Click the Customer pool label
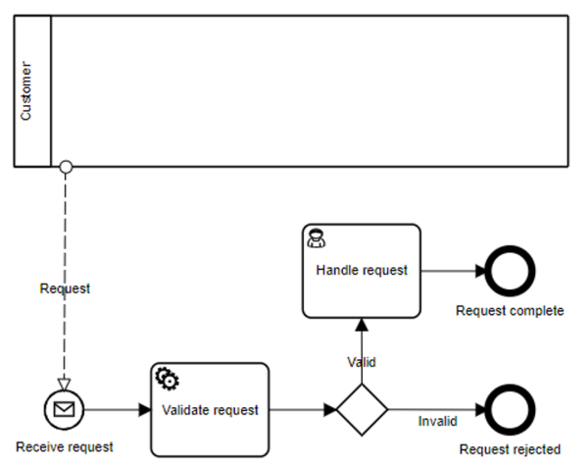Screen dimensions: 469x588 pyautogui.click(x=27, y=91)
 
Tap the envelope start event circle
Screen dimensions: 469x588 pyautogui.click(x=65, y=410)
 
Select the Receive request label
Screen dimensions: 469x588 pyautogui.click(x=65, y=446)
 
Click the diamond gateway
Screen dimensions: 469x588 pyautogui.click(x=363, y=410)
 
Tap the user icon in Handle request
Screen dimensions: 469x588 pyautogui.click(x=318, y=238)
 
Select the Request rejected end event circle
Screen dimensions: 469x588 pyautogui.click(x=510, y=410)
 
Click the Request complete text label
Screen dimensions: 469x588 pyautogui.click(x=510, y=311)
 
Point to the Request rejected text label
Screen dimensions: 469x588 pyautogui.click(x=510, y=449)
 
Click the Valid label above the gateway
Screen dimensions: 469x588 pyautogui.click(x=362, y=362)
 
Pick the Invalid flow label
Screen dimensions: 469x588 pyautogui.click(x=438, y=422)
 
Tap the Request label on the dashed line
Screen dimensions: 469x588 pyautogui.click(x=65, y=288)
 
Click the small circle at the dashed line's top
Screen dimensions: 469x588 pyautogui.click(x=66, y=168)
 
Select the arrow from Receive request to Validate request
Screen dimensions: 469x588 pyautogui.click(x=118, y=410)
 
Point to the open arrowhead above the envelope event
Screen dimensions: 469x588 pyautogui.click(x=65, y=382)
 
